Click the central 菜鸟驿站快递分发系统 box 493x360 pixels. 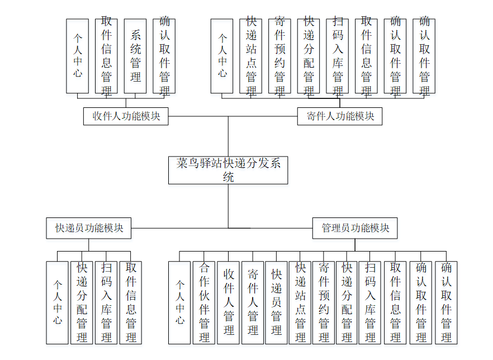point(228,170)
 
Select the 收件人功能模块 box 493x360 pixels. point(126,116)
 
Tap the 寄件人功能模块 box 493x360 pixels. point(340,116)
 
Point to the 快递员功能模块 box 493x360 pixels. point(89,228)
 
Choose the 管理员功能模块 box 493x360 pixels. point(355,228)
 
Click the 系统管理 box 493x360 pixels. point(135,56)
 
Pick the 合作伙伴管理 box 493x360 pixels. point(204,302)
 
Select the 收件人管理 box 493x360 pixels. point(229,302)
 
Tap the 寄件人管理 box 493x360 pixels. point(253,302)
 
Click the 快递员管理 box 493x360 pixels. point(277,302)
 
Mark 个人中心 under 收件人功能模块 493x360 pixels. point(78,56)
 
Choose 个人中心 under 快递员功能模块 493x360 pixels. point(58,302)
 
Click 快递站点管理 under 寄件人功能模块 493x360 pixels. point(251,56)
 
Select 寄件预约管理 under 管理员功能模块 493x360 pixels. point(324,302)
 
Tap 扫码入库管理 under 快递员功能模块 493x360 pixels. point(106,302)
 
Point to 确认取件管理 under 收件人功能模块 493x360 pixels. point(164,56)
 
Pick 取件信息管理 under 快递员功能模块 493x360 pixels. point(131,302)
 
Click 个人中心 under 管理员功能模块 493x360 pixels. point(179,302)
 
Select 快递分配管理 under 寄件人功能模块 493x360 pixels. point(309,56)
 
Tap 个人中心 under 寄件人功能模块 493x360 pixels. point(222,56)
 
